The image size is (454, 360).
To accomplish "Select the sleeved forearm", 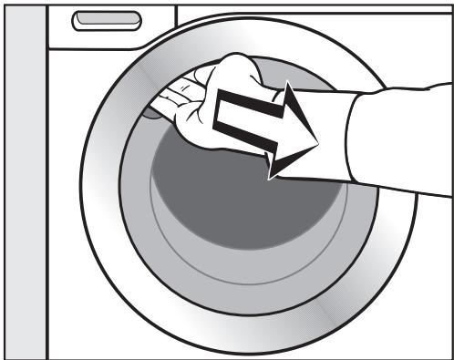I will [x=401, y=137].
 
